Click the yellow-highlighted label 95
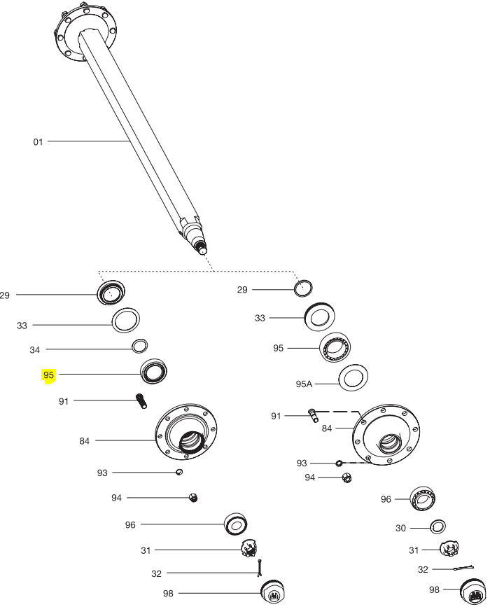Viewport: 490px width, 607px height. tap(48, 375)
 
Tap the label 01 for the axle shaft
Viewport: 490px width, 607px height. tap(38, 142)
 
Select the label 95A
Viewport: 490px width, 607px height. tap(304, 384)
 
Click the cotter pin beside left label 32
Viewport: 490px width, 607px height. tap(260, 568)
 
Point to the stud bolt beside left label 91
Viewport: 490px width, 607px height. tap(141, 401)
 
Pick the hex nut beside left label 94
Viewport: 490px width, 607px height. tap(193, 498)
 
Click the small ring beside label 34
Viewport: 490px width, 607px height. tap(140, 346)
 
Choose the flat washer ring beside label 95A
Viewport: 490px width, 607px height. tap(353, 378)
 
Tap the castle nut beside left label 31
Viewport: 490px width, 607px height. tap(248, 548)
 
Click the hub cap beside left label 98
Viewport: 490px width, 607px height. tap(273, 593)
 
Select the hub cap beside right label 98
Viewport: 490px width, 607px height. tap(472, 592)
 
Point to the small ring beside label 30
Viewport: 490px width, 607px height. tap(437, 526)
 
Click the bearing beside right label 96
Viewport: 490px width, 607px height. tap(423, 498)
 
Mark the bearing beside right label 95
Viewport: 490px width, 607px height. tap(335, 347)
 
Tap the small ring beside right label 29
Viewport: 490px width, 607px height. tap(303, 288)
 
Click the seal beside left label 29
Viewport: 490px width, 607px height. tap(111, 292)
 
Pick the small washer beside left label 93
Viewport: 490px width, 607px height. tap(179, 472)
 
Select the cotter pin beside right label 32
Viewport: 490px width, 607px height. tap(463, 568)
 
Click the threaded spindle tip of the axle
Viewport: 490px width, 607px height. tap(202, 248)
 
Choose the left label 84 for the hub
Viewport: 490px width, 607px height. tap(85, 441)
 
